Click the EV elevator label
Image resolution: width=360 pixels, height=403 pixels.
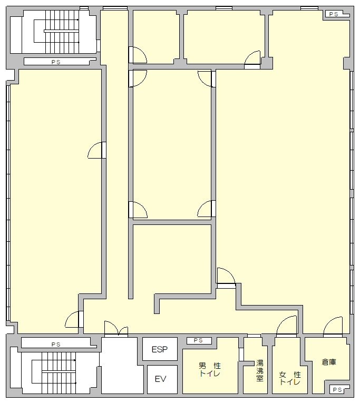click(x=160, y=379)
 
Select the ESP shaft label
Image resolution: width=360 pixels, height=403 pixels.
click(x=159, y=349)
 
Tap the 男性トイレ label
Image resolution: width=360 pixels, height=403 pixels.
click(x=210, y=369)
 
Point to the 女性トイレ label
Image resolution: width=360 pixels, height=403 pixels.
click(x=290, y=378)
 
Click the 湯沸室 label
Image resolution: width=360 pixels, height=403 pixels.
click(x=260, y=370)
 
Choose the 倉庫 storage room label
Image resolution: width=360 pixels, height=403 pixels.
click(x=329, y=362)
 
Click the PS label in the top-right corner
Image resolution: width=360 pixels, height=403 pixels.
click(x=334, y=14)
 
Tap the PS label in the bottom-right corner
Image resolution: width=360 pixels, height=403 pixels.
click(x=337, y=390)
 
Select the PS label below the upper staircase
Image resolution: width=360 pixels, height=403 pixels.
click(x=56, y=62)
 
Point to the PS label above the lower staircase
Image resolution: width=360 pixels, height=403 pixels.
click(x=56, y=345)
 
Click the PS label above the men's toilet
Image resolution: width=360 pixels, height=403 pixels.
click(x=198, y=340)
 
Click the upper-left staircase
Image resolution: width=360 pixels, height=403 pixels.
click(x=56, y=32)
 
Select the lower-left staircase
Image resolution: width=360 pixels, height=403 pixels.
click(x=54, y=372)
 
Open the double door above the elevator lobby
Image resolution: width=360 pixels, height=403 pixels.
click(x=116, y=329)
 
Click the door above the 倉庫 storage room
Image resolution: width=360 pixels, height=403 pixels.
click(x=333, y=327)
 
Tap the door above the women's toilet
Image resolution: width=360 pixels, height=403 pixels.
click(x=286, y=327)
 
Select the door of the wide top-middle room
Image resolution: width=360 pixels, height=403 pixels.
click(x=252, y=60)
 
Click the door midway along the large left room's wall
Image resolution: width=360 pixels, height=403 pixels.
click(x=97, y=150)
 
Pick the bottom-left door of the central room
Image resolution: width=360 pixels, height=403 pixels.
click(x=138, y=210)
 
